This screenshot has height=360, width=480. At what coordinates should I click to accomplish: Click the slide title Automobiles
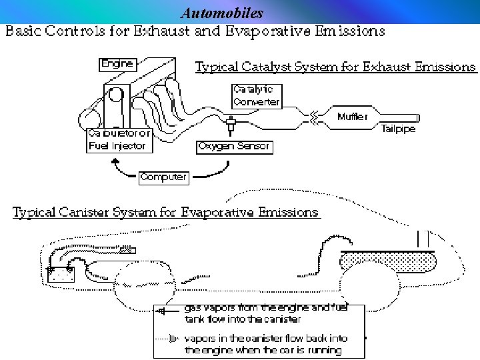[223, 13]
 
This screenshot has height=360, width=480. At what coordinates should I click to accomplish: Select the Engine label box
[118, 65]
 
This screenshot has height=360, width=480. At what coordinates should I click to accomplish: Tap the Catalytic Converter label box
[256, 96]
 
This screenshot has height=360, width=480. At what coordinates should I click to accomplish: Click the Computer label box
[164, 177]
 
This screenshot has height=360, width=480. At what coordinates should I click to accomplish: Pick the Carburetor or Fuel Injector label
[120, 140]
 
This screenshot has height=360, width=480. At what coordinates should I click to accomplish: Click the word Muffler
[352, 117]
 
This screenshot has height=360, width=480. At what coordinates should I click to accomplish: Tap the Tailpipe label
[398, 129]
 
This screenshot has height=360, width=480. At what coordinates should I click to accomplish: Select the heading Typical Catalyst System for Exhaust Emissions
[335, 67]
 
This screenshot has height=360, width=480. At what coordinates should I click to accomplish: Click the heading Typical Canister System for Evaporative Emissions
[166, 213]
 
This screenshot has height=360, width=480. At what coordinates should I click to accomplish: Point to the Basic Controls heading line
[195, 31]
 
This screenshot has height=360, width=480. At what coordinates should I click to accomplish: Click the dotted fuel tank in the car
[387, 259]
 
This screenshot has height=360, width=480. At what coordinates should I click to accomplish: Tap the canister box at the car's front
[61, 273]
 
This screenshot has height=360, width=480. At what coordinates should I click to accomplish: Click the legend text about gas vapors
[273, 313]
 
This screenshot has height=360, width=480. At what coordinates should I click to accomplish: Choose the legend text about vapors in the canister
[275, 344]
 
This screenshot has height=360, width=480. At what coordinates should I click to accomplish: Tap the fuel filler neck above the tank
[423, 238]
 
